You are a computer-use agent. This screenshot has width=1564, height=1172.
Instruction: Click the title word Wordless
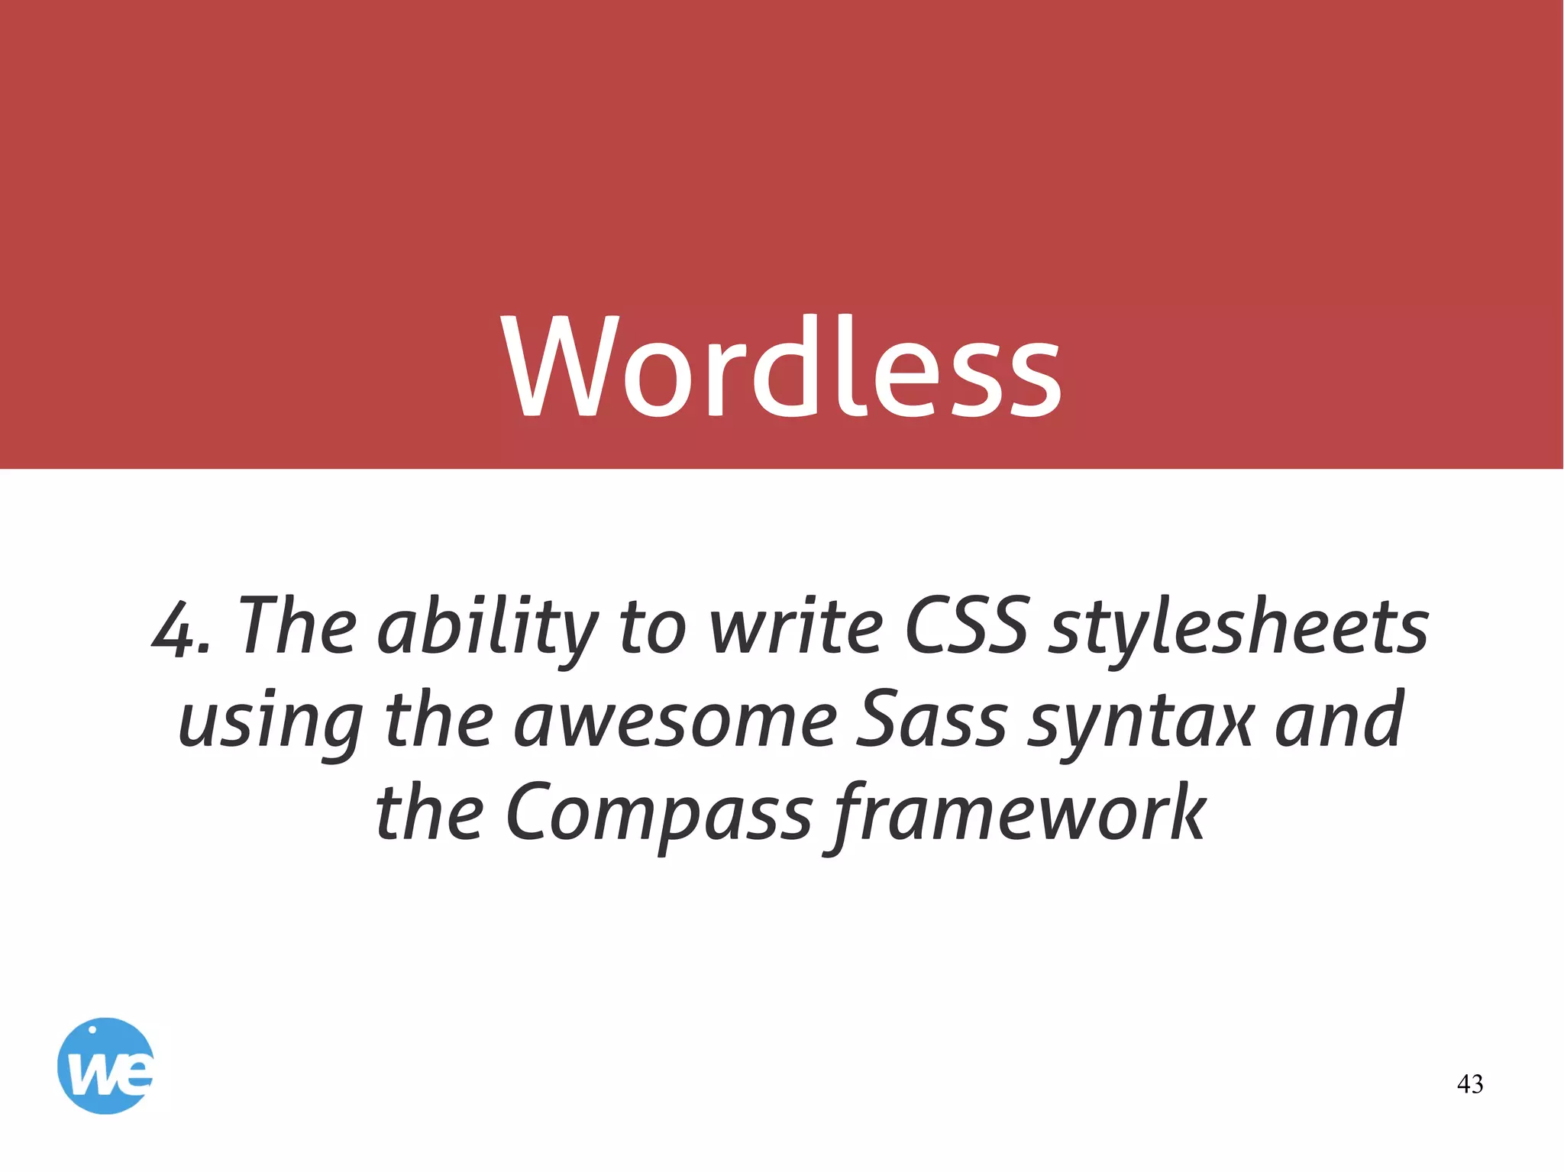[782, 366]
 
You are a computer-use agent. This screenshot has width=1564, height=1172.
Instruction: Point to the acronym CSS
[966, 626]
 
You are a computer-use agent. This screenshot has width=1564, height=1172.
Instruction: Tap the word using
[270, 722]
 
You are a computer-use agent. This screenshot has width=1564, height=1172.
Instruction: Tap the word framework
[1020, 812]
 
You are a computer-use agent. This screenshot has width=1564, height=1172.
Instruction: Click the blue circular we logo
[105, 1066]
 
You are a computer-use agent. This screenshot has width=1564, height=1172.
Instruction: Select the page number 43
[1470, 1083]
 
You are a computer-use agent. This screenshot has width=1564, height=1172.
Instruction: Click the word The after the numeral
[298, 626]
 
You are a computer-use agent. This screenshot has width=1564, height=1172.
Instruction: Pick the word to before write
[653, 628]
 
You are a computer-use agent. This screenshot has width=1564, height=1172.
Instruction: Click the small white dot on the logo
[92, 1029]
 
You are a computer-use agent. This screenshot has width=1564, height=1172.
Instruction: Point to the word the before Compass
[429, 812]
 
